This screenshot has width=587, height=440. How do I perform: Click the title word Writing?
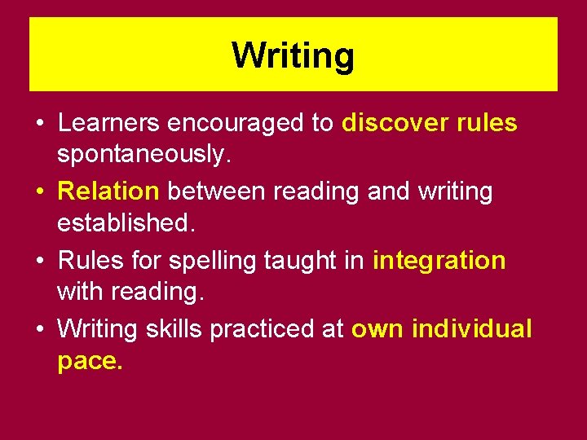pyautogui.click(x=293, y=56)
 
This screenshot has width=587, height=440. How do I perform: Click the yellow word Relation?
pyautogui.click(x=108, y=191)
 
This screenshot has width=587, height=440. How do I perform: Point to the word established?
pyautogui.click(x=126, y=221)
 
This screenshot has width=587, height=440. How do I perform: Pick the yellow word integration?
pyautogui.click(x=439, y=261)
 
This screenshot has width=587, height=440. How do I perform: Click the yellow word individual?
pyautogui.click(x=472, y=329)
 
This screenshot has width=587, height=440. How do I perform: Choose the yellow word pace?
pyautogui.click(x=90, y=359)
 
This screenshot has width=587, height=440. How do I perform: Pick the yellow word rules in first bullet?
pyautogui.click(x=486, y=123)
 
